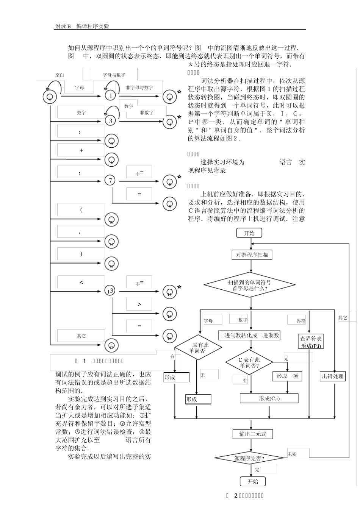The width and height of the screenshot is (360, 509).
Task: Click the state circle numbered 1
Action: pos(110,96)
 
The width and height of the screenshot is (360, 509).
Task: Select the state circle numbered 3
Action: pos(111,121)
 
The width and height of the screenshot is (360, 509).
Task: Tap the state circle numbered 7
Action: pos(110,181)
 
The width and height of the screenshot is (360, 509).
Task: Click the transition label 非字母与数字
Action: pos(139,87)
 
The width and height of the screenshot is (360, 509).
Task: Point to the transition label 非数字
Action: pos(147,112)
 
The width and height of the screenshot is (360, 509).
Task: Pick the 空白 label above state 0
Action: pos(59,75)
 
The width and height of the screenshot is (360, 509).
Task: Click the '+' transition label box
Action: pos(81,150)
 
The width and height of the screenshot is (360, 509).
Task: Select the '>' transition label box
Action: pos(139,304)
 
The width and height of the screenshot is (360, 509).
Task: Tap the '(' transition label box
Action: pos(81,210)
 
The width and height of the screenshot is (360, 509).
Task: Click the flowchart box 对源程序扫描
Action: pos(252,255)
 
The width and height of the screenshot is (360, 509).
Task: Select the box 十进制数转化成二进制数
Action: pos(249,335)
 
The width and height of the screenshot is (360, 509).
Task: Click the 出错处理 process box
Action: pos(332,376)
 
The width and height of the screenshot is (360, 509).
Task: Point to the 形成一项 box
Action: pos(287,376)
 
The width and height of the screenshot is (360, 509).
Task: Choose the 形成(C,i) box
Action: pos(269,398)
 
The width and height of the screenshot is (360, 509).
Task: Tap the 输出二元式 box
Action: pos(252,434)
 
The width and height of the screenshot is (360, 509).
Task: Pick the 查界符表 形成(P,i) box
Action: pos(311,342)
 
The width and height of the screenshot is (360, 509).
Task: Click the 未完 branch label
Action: pos(292,454)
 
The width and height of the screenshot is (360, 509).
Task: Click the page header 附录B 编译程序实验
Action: pos(82,26)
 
